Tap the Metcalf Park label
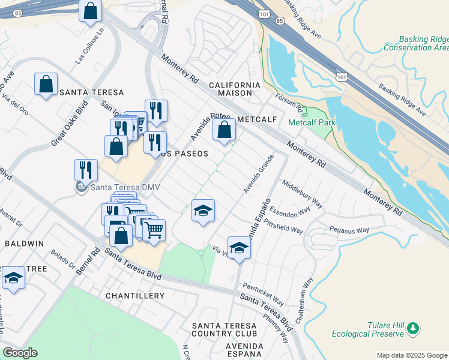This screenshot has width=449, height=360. [312, 122]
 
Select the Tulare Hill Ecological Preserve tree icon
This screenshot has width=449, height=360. [412, 328]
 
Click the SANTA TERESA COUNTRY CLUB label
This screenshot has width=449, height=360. [224, 329]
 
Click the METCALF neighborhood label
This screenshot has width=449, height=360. [256, 119]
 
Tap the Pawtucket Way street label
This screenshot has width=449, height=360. [263, 293]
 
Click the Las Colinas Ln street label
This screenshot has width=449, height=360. [90, 47]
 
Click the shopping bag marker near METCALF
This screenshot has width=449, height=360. [224, 130]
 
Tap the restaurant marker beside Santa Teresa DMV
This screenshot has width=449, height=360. [86, 170]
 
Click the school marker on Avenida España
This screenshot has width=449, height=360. [239, 248]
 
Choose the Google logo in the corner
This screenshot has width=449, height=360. [20, 353]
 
